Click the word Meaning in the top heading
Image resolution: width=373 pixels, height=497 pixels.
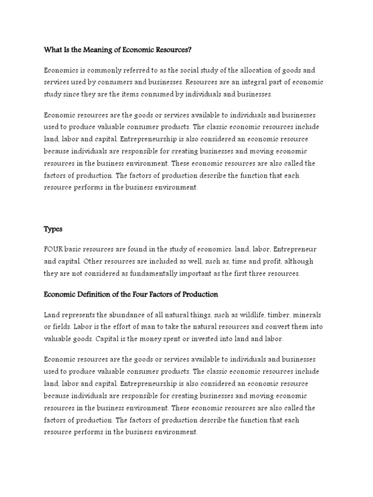pos(97,49)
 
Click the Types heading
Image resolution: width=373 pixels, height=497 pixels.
pos(53,229)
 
